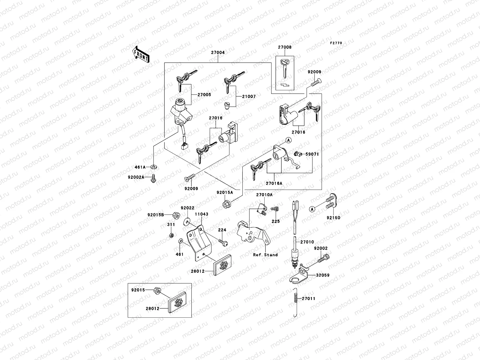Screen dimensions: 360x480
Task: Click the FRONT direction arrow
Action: tap(141, 54)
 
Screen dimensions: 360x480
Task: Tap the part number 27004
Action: tap(218, 52)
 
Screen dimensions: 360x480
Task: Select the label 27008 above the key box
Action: tap(284, 47)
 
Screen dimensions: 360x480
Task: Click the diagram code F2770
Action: tap(336, 43)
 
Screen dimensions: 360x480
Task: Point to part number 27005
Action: tap(204, 95)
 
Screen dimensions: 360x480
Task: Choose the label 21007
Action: tap(249, 97)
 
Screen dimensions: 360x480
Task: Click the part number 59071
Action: tap(312, 154)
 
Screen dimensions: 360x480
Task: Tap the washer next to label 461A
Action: tap(154, 167)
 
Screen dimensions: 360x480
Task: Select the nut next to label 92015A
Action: tap(227, 205)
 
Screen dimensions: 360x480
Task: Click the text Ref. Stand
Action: tap(265, 255)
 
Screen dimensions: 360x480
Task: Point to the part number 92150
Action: tap(334, 218)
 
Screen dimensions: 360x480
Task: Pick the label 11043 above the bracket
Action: tap(202, 214)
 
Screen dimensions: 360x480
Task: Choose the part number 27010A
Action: tap(264, 195)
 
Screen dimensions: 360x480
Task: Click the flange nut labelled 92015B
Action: tap(176, 215)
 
